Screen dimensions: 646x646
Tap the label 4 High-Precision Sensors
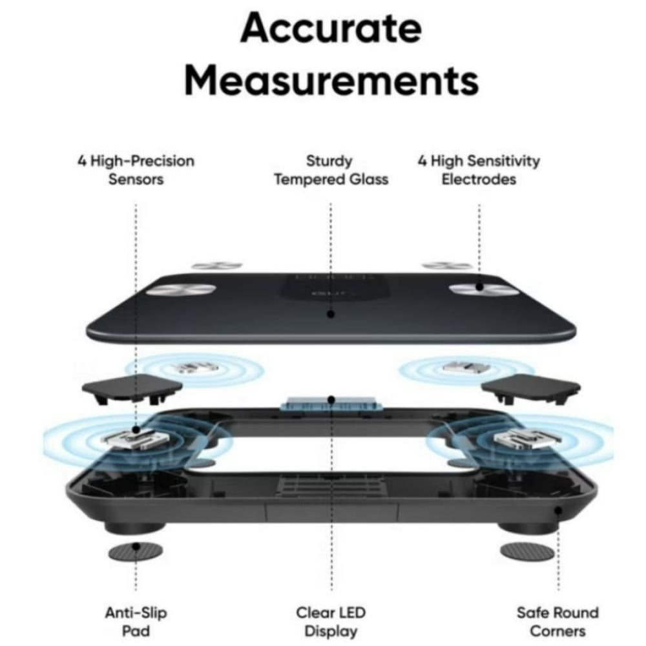point(136,169)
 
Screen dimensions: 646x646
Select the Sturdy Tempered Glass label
point(331,169)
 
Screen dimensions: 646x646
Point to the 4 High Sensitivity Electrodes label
point(479,169)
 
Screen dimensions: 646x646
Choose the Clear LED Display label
point(331,621)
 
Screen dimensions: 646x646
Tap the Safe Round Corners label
point(557,621)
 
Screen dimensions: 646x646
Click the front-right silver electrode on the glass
point(477,289)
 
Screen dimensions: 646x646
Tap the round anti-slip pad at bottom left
point(135,551)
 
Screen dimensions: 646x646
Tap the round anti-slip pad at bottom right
point(527,551)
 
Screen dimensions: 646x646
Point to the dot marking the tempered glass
point(331,314)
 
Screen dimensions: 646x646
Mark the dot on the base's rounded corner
point(557,510)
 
